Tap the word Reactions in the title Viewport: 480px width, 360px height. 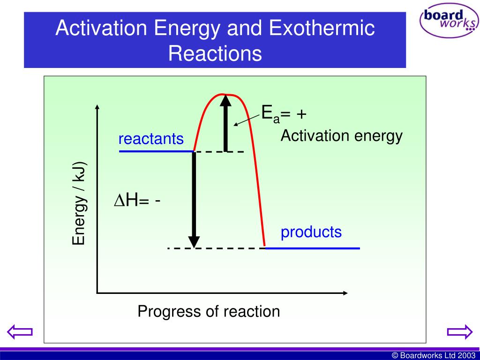point(215,53)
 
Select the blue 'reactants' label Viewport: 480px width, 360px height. point(151,139)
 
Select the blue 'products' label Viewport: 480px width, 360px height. point(311,232)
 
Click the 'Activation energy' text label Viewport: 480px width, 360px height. point(341,136)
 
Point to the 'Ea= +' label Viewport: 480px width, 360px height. point(284,114)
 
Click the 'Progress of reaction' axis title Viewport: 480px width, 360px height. point(209,312)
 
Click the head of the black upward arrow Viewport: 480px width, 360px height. point(226,101)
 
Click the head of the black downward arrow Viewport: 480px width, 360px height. point(193,241)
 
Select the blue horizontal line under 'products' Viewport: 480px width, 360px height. point(312,247)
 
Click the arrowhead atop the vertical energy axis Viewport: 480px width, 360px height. point(97,107)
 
